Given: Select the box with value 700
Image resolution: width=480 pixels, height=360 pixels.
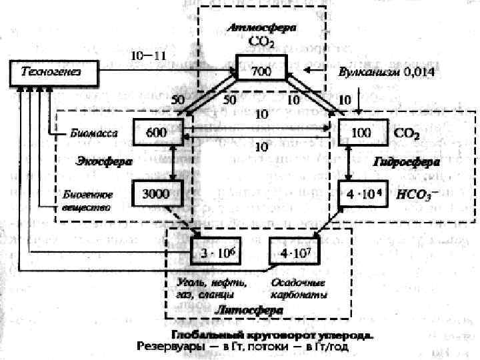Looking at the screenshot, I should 261,71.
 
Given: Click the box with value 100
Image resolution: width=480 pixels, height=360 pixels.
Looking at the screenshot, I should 362,133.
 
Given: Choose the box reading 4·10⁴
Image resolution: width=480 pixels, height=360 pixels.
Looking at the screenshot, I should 362,195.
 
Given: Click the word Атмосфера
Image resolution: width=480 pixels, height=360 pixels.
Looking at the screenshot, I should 262,28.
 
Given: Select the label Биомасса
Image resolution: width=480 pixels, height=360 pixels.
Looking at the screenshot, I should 95,133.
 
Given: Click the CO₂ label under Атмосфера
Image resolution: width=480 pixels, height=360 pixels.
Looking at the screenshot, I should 261,41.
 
